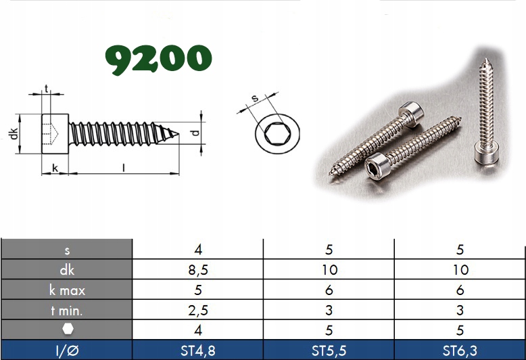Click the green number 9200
point(158,59)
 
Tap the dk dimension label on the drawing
point(14,134)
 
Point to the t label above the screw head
point(46,89)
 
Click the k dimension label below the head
point(55,168)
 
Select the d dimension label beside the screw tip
point(195,133)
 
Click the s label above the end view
point(256,98)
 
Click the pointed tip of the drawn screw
point(178,134)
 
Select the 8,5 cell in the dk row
point(198,270)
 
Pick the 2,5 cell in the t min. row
point(198,310)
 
